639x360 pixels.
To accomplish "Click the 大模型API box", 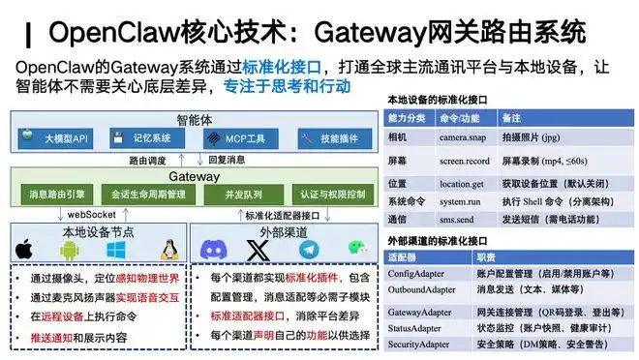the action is [x=59, y=137].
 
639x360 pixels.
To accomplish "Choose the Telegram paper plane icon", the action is [x=308, y=249].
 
